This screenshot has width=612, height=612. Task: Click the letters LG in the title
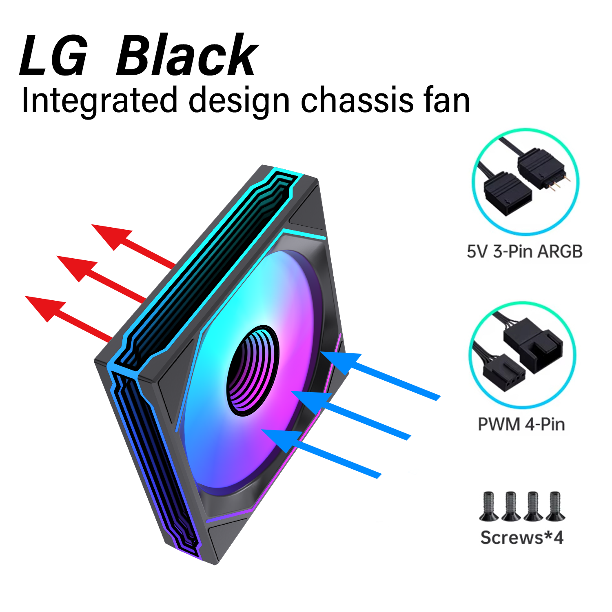tap(53, 56)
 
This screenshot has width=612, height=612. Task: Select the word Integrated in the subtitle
tap(100, 101)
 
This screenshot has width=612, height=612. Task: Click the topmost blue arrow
tap(381, 375)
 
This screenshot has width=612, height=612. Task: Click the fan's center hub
tap(253, 370)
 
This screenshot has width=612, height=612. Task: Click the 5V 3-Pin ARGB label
tap(525, 252)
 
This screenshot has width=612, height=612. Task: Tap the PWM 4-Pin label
tap(521, 424)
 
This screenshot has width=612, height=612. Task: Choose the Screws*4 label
tap(522, 537)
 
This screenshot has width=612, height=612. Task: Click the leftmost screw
tap(488, 506)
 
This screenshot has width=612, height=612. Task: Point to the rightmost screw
tap(555, 506)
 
